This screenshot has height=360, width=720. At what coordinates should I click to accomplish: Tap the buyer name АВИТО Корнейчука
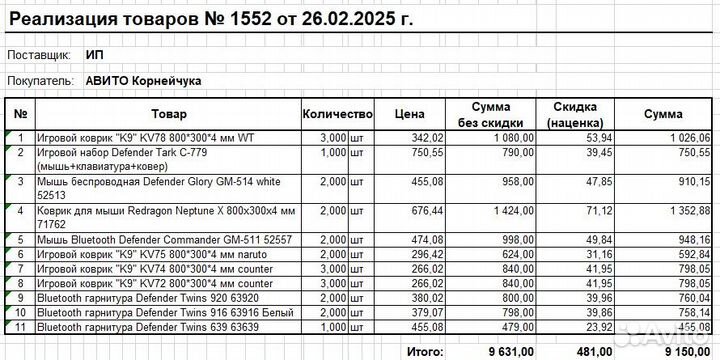point(144,78)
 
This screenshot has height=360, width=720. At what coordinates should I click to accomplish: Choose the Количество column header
point(337,114)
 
